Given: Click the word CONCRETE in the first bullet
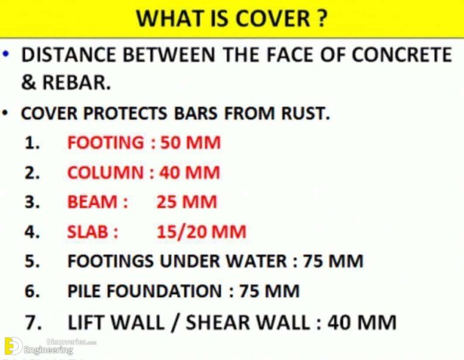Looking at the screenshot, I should click(x=402, y=55).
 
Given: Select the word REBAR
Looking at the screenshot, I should click(x=76, y=83).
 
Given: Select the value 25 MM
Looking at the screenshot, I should click(x=186, y=202).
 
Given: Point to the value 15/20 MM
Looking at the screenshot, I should click(x=201, y=232).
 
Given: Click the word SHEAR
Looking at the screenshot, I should click(x=221, y=322).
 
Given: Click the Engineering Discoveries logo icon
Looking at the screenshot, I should click(x=12, y=346).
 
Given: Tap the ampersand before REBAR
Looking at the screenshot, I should click(x=28, y=83).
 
